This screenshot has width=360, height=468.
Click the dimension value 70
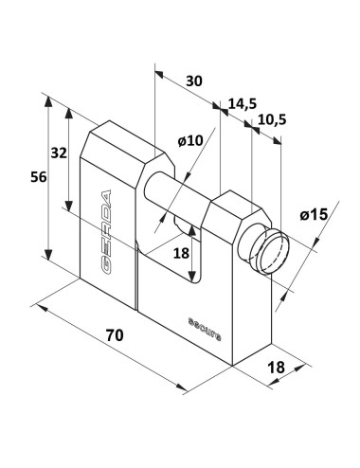(x=115, y=335)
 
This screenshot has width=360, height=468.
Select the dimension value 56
(x=39, y=177)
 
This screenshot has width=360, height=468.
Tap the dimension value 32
(x=59, y=153)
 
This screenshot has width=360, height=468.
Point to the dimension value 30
(x=193, y=81)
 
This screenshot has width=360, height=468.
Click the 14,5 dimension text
(x=243, y=103)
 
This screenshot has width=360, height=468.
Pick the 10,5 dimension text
(x=272, y=119)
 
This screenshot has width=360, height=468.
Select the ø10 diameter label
(x=190, y=141)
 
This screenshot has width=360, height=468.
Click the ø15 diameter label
(x=314, y=215)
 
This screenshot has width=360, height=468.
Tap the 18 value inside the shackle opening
(x=181, y=253)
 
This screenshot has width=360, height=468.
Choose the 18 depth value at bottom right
(x=276, y=368)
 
